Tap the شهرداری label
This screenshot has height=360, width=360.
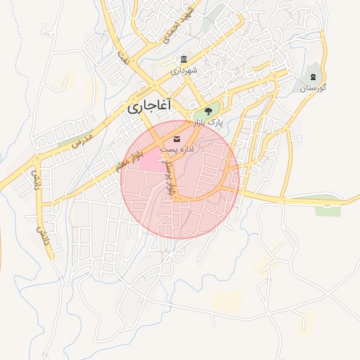(x=184, y=71)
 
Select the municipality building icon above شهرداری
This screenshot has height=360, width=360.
(x=184, y=59)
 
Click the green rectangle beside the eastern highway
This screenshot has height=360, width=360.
(x=327, y=210)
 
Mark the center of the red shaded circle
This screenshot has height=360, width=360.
(x=180, y=179)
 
